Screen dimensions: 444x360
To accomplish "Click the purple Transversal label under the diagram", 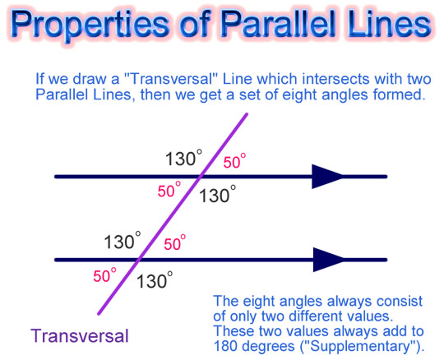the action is click(x=80, y=336).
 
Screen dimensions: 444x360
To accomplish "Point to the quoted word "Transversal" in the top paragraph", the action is click(x=169, y=79).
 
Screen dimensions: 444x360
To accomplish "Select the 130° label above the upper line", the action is click(x=184, y=158).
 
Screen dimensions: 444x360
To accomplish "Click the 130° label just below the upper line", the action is click(x=217, y=195).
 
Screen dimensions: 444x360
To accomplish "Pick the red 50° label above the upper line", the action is click(x=234, y=161).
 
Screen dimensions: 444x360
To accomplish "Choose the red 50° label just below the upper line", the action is click(x=169, y=190).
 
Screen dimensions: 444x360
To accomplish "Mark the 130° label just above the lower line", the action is click(x=123, y=241).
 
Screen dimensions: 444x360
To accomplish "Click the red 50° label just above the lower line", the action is click(x=174, y=242).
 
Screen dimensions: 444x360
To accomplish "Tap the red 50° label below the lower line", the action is click(x=104, y=275).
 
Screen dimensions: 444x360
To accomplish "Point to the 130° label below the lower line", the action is click(x=155, y=280).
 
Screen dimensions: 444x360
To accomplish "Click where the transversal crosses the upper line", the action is click(x=201, y=177).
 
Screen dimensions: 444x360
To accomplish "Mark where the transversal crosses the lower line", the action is click(x=138, y=260).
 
